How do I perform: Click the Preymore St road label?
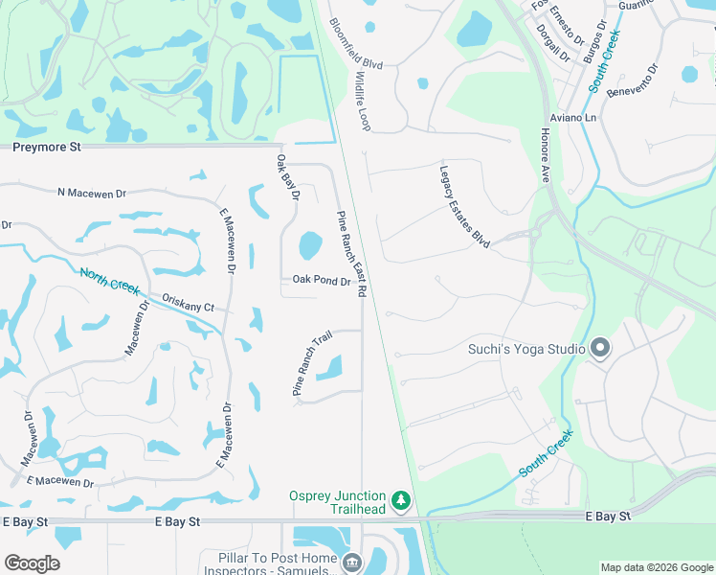pyautogui.click(x=47, y=148)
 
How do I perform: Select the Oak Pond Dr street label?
pyautogui.click(x=322, y=281)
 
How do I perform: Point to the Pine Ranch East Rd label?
pyautogui.click(x=350, y=255)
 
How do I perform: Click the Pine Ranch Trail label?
pyautogui.click(x=311, y=364)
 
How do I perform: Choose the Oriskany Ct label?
pyautogui.click(x=189, y=302)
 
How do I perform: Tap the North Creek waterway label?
pyautogui.click(x=109, y=282)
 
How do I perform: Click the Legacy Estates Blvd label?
pyautogui.click(x=464, y=205)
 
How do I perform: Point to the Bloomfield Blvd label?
pyautogui.click(x=355, y=43)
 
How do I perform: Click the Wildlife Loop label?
pyautogui.click(x=364, y=100)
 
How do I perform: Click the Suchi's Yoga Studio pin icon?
pyautogui.click(x=600, y=348)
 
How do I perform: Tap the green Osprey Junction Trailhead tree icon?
pyautogui.click(x=401, y=500)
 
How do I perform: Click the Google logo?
pyautogui.click(x=32, y=563)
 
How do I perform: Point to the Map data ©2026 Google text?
pyautogui.click(x=656, y=567)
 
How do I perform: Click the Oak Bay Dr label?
pyautogui.click(x=288, y=176)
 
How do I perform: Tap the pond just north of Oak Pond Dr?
pyautogui.click(x=310, y=246)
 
